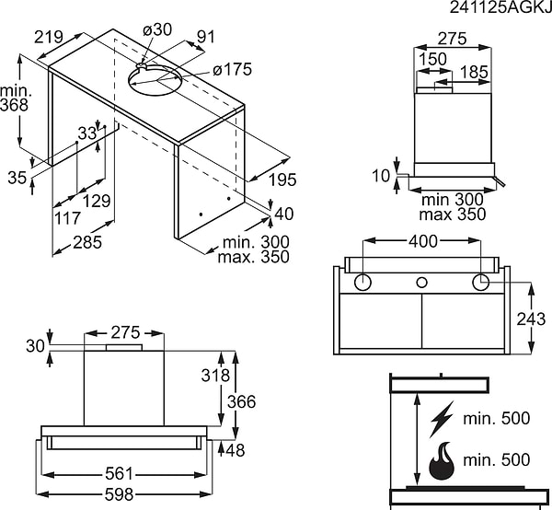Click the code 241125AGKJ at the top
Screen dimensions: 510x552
coord(500,8)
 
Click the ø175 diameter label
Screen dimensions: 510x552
coord(232,69)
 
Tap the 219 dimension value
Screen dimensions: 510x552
coord(47,37)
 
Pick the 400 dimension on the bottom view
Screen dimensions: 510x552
coord(422,240)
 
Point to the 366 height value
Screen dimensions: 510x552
coord(241,402)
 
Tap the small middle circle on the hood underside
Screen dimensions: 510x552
coord(422,283)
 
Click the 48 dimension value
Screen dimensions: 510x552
coord(236,450)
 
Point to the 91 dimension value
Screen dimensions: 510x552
coord(206,38)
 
